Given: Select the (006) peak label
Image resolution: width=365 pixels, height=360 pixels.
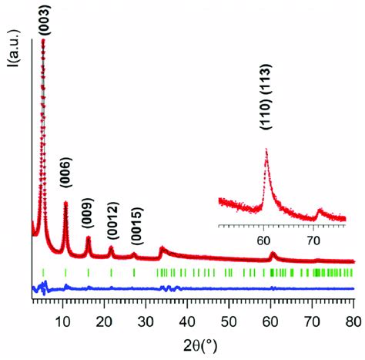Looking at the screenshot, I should [65, 187].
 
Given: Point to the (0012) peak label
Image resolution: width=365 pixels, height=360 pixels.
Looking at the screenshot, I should [112, 223].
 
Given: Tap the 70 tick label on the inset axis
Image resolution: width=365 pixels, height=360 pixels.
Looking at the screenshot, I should [313, 240].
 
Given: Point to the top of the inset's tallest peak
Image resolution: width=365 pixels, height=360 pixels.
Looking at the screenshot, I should [266, 160].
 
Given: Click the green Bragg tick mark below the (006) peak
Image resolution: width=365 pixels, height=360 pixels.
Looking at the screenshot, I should [65, 272].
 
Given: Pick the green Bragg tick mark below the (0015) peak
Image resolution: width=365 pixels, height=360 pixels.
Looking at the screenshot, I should [134, 272].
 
